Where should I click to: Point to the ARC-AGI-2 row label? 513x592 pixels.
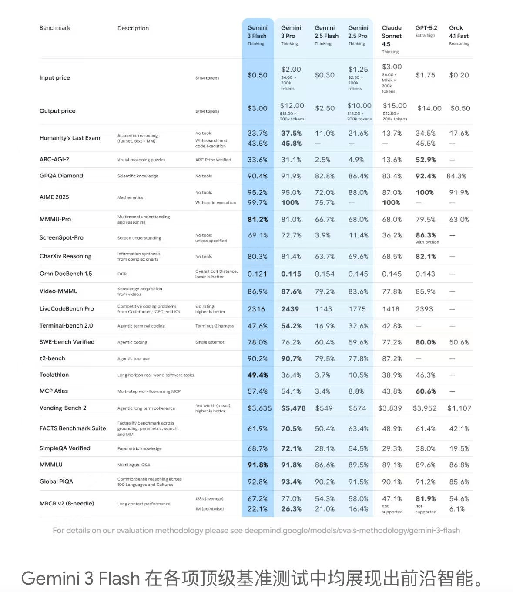[54, 160]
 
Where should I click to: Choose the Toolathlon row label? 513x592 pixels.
[54, 375]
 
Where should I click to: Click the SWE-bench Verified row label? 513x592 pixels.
[67, 342]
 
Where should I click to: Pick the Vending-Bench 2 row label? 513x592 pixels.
[63, 408]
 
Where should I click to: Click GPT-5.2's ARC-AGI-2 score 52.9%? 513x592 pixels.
[426, 160]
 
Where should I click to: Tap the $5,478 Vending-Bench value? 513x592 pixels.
[293, 408]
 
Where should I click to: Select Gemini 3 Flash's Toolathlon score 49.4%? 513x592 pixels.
[258, 375]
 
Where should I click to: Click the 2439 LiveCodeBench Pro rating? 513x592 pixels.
[290, 309]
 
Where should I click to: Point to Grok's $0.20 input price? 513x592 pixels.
[459, 75]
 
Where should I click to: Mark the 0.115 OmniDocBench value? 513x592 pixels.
[291, 274]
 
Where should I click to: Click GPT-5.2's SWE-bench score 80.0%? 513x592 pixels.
[426, 342]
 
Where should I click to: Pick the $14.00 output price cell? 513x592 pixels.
[429, 108]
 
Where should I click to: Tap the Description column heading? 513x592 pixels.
[133, 28]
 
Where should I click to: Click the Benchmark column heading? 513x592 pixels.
[55, 28]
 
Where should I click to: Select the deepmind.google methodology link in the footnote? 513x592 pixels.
[352, 531]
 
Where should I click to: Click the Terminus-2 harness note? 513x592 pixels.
[215, 326]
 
